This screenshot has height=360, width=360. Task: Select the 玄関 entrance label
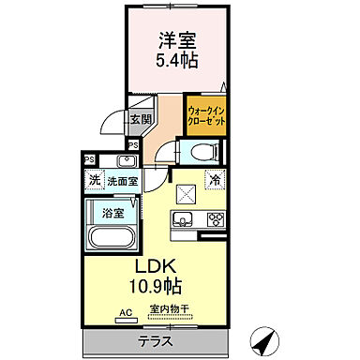pos(142,119)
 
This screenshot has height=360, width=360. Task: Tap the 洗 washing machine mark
pos(94,179)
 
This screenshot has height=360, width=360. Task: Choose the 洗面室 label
pos(120,179)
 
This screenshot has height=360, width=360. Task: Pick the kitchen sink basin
pos(181,221)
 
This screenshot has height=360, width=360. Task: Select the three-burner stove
pos(215,221)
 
